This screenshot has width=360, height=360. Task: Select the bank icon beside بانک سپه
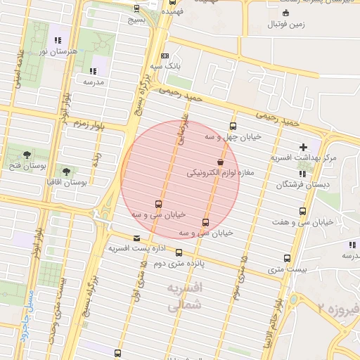pyautogui.click(x=165, y=55)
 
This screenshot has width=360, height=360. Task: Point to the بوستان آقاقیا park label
pyautogui.click(x=83, y=181)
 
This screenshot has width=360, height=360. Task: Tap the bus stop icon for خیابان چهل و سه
pyautogui.click(x=233, y=127)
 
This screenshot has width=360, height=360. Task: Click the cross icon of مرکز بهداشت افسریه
pyautogui.click(x=303, y=147)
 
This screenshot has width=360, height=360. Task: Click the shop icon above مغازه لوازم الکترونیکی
pyautogui.click(x=221, y=162)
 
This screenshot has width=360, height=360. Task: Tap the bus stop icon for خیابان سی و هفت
pyautogui.click(x=303, y=211)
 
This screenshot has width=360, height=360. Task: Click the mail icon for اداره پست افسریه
pyautogui.click(x=136, y=238)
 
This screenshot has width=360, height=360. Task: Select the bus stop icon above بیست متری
pyautogui.click(x=287, y=258)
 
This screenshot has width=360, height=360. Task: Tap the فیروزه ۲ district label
pyautogui.click(x=337, y=307)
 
